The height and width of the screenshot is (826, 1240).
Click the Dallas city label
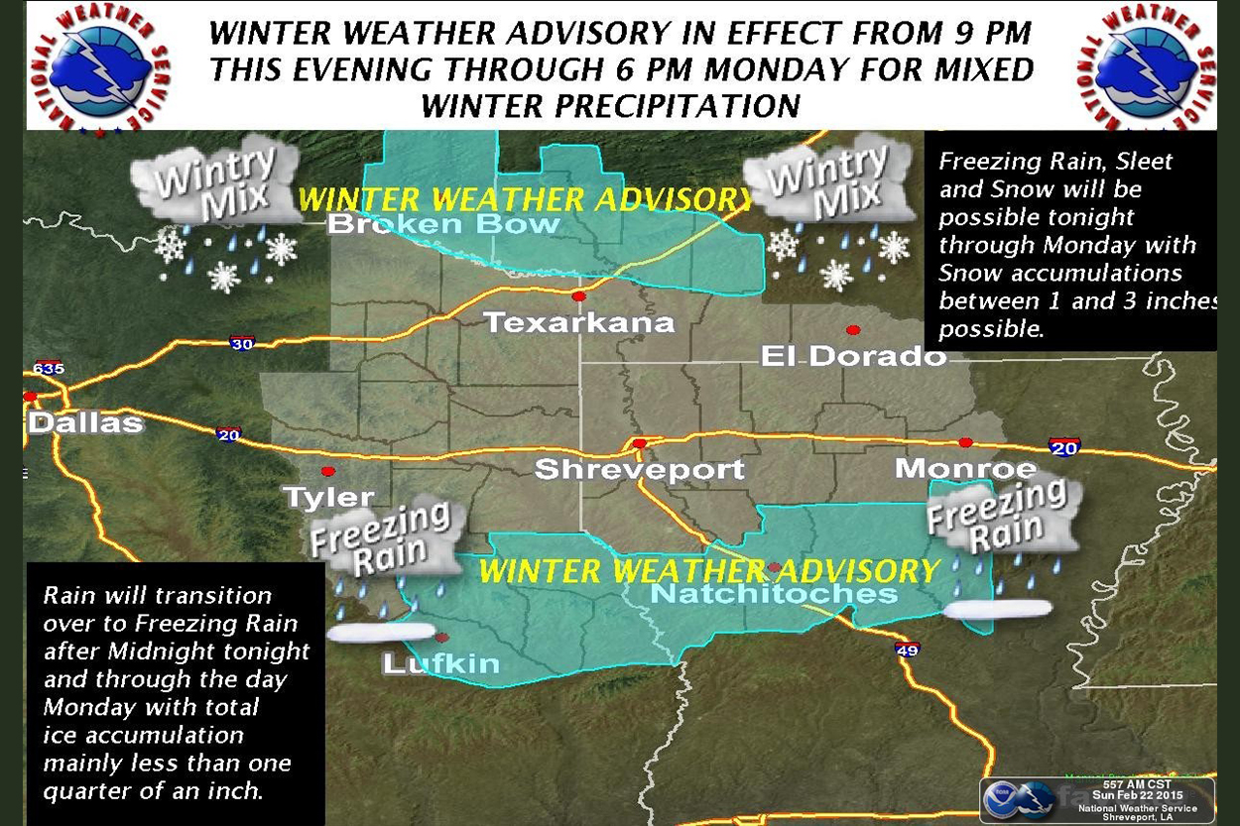tap(85, 423)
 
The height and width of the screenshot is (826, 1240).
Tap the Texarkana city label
tap(578, 322)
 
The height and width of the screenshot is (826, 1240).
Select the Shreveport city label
tap(639, 469)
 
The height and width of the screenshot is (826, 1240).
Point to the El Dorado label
tap(853, 356)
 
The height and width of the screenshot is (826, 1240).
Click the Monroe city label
tap(965, 468)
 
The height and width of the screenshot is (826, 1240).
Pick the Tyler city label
tap(328, 497)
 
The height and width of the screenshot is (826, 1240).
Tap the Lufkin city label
tap(441, 663)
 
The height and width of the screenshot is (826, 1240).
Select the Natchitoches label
tap(774, 593)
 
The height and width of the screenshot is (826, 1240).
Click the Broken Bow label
tap(443, 224)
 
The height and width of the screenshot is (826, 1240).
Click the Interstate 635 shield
tap(47, 369)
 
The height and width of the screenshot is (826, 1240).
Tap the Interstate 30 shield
tap(242, 343)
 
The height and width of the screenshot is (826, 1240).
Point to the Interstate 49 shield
tap(907, 649)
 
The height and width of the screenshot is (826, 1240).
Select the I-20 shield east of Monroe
tap(1063, 447)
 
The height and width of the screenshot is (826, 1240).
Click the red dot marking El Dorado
tap(852, 330)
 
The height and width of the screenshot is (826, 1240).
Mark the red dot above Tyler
tap(327, 471)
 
